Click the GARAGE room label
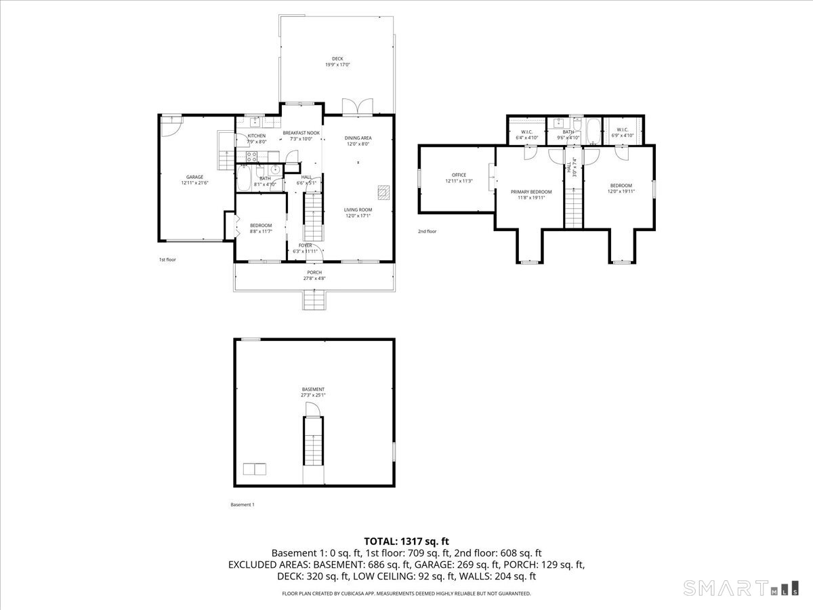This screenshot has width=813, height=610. (195, 177)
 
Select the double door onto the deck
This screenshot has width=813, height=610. (358, 107)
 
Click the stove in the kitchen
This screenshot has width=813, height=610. (251, 155)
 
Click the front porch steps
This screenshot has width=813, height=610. (314, 300)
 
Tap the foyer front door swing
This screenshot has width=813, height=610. (314, 253)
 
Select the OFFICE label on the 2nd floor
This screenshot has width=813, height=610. (459, 175)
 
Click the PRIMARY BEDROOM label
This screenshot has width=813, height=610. (531, 192)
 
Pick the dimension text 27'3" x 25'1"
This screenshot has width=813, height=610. (313, 395)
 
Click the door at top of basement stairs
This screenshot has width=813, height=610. (312, 409)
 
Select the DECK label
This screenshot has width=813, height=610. (337, 58)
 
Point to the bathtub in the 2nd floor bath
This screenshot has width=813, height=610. (593, 131)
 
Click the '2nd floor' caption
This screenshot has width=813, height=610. (427, 231)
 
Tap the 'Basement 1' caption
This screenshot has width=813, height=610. (243, 504)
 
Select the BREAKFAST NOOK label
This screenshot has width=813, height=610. (301, 133)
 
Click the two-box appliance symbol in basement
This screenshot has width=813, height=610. (255, 468)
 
